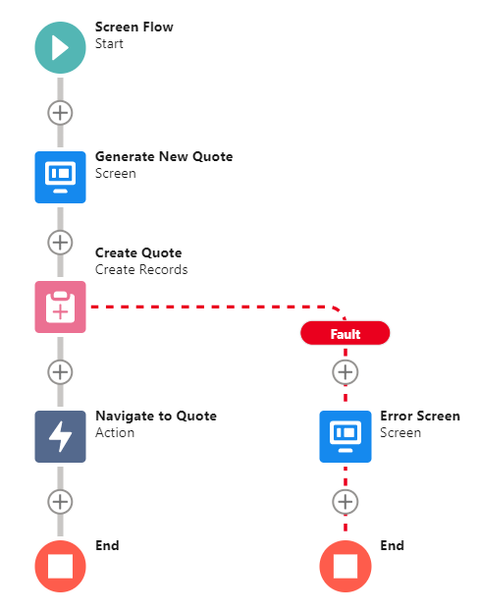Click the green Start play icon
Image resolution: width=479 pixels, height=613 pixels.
click(60, 48)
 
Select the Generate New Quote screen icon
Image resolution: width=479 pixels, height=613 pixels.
click(60, 177)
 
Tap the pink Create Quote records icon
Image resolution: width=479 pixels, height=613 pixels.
click(60, 306)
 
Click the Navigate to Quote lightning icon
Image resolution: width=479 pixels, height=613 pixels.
click(60, 436)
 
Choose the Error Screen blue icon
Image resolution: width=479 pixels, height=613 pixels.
click(346, 436)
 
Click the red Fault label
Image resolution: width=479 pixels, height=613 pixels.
click(345, 333)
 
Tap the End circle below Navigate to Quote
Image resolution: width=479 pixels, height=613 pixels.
click(60, 566)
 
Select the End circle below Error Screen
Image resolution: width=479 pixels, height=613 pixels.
click(346, 566)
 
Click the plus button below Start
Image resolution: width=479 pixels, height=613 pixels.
click(60, 113)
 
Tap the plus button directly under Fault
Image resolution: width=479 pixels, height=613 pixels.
click(345, 372)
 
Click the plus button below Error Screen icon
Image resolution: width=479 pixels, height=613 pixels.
click(345, 502)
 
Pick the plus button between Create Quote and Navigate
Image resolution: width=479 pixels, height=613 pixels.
click(60, 372)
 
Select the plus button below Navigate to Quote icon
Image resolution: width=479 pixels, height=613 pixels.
click(60, 502)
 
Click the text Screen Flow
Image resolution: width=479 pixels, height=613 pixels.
click(134, 27)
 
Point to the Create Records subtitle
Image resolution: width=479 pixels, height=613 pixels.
click(141, 269)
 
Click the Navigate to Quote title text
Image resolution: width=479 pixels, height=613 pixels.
click(156, 416)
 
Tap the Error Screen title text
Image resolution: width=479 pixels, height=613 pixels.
click(420, 416)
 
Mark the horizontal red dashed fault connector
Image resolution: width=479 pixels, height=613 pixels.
click(211, 306)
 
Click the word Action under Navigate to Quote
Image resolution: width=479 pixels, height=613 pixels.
click(115, 433)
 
